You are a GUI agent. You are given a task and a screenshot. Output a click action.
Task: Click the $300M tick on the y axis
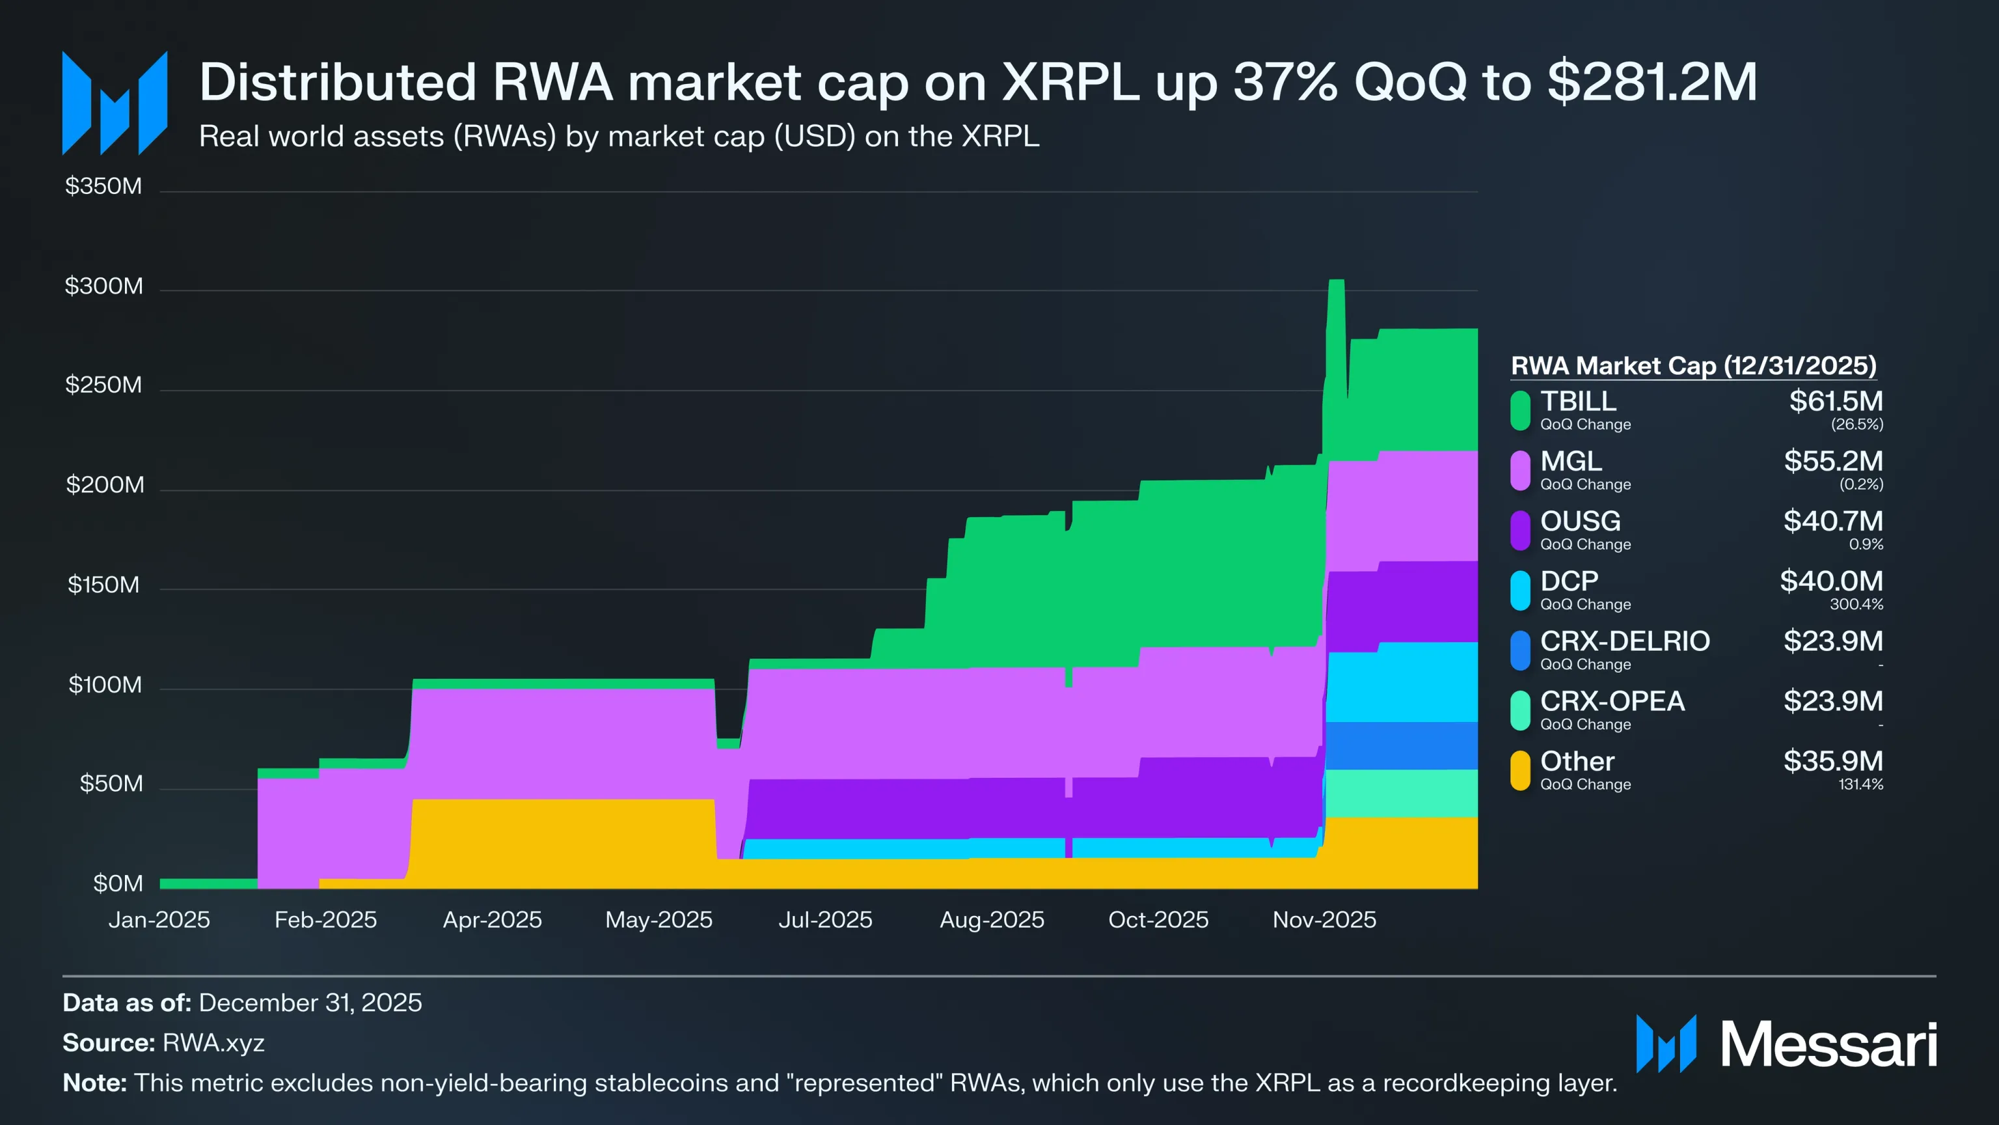coord(104,286)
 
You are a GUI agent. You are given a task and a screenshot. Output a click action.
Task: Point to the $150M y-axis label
coord(104,585)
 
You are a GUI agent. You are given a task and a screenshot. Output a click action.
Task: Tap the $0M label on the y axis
coord(118,883)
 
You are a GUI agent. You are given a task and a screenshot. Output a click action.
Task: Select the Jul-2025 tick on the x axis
coord(825,920)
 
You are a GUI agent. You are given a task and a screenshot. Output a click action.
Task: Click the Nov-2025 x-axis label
coord(1324,920)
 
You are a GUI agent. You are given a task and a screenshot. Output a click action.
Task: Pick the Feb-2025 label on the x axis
coord(325,920)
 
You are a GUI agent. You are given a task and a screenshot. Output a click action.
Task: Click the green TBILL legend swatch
coord(1519,410)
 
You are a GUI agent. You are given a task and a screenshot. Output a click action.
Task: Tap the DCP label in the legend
coord(1569,581)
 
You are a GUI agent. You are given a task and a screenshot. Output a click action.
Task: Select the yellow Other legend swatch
coord(1519,770)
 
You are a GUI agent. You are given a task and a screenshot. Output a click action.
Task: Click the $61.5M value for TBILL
coord(1835,402)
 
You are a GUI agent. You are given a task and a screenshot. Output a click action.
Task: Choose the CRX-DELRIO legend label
coord(1624,641)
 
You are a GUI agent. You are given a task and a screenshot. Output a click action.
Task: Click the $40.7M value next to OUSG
coord(1832,521)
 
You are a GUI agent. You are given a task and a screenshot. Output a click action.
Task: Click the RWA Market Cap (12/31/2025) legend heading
coord(1693,366)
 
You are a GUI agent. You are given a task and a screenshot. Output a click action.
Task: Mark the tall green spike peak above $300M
coord(1335,283)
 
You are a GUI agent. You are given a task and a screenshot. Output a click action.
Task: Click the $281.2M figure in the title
coord(1652,81)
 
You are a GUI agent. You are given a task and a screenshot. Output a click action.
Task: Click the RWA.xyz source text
coord(213,1043)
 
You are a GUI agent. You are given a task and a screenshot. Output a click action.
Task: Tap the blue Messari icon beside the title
coord(115,104)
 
